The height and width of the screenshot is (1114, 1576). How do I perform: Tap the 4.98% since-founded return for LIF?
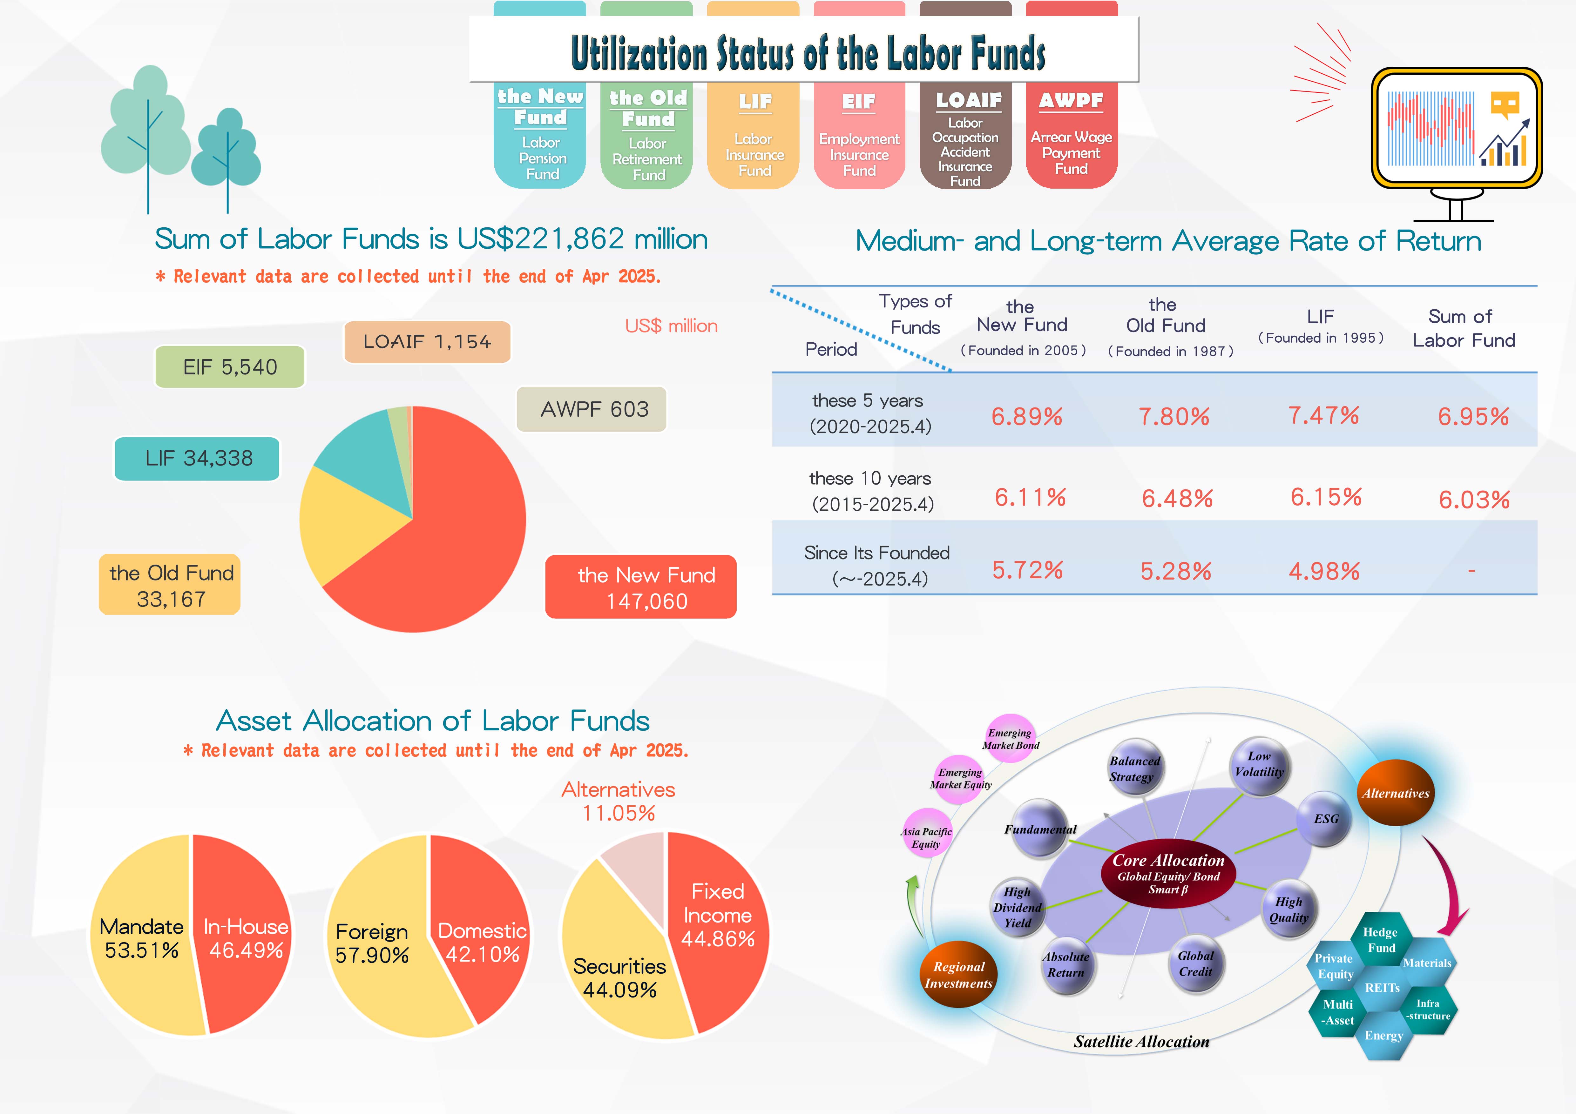(1324, 571)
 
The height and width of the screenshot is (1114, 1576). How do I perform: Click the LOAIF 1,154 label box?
(427, 342)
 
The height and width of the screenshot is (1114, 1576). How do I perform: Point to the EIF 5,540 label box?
(230, 367)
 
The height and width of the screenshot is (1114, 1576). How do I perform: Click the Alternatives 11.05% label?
(619, 801)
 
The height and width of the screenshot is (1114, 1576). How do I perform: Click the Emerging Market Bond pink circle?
(1011, 738)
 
